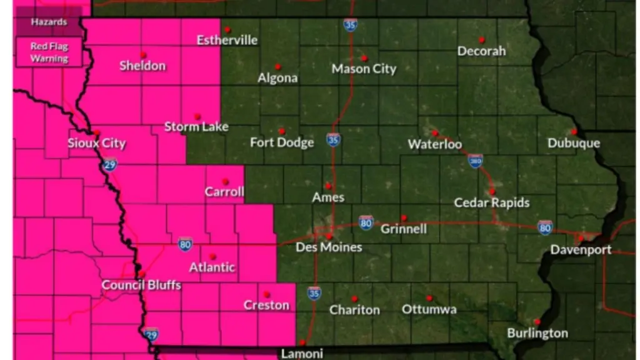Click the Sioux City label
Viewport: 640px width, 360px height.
[96, 144]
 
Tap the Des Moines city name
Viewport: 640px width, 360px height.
[329, 247]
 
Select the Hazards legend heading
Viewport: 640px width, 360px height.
[49, 22]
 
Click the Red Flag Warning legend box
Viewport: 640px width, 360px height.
[49, 52]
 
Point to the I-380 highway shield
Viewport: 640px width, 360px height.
[475, 161]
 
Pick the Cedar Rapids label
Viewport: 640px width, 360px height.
[492, 202]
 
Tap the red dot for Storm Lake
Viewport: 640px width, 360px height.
[197, 116]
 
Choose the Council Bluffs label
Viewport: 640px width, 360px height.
[141, 286]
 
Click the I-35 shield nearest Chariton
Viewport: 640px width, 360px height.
[314, 292]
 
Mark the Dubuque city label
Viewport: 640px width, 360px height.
[574, 143]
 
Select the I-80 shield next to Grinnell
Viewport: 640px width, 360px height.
[366, 221]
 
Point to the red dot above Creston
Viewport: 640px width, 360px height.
[266, 294]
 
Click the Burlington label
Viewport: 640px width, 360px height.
[537, 333]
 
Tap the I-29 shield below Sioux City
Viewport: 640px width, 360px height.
[110, 164]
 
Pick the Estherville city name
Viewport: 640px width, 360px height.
[227, 41]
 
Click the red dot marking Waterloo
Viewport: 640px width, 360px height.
[434, 132]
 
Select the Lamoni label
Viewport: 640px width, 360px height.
[302, 353]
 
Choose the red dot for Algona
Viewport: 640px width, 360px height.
[277, 66]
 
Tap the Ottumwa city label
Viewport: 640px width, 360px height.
[429, 309]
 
